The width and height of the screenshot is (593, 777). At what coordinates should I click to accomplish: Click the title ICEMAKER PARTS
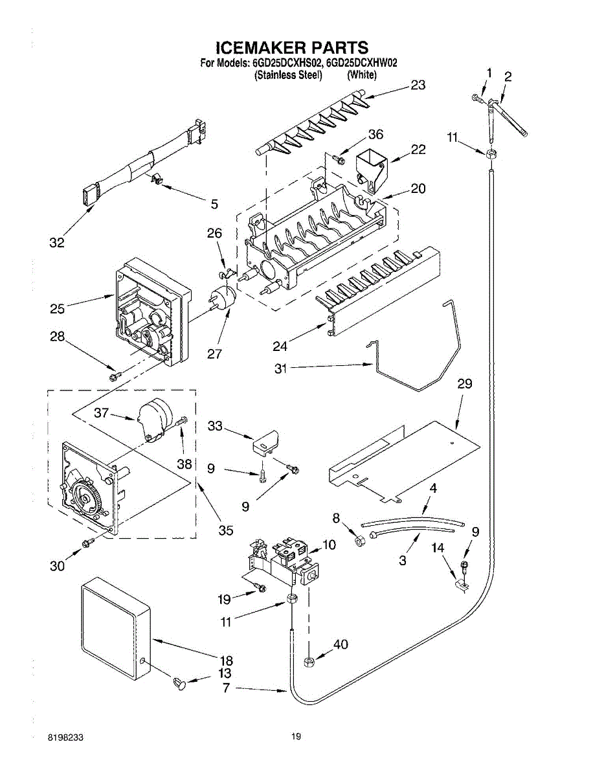[291, 47]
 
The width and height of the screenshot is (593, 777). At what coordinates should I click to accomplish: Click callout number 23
[418, 85]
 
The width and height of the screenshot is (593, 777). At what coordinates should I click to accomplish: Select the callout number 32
[57, 243]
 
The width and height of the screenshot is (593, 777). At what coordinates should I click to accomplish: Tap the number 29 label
[465, 384]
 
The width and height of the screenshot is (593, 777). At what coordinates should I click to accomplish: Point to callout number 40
[341, 644]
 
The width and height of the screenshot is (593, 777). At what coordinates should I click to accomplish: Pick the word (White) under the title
[361, 75]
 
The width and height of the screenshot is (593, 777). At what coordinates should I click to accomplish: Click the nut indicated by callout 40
[309, 662]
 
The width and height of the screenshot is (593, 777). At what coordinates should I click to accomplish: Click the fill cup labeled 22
[372, 169]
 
